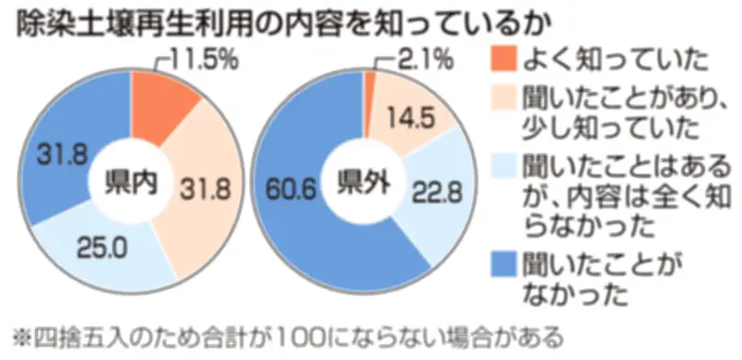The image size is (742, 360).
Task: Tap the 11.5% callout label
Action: (x=206, y=61)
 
